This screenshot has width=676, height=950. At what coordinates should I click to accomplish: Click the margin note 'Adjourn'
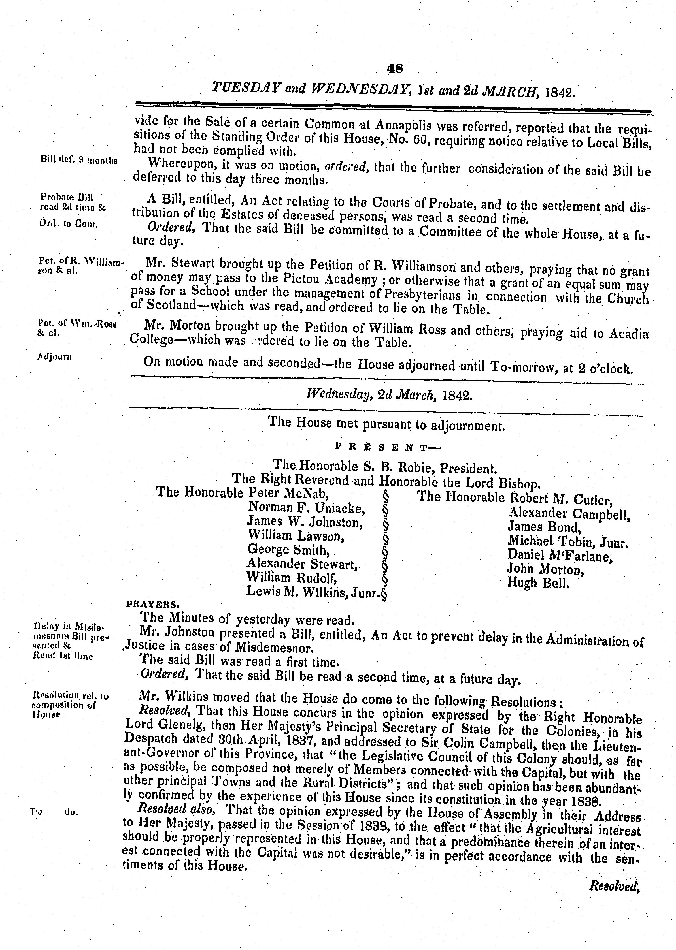tap(54, 356)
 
